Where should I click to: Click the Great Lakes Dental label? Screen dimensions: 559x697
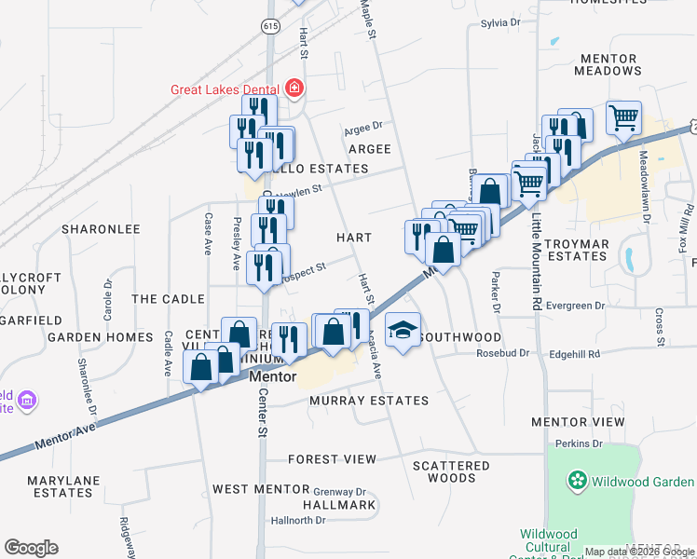coord(226,90)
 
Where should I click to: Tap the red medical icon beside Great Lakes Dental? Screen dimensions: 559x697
coord(295,89)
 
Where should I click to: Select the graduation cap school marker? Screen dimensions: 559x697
coord(403,332)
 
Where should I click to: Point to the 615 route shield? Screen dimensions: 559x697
coord(270,28)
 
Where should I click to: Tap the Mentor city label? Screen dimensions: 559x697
coord(273,377)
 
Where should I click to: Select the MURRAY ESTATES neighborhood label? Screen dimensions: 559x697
coord(369,401)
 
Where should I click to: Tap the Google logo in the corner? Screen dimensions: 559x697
coord(31,548)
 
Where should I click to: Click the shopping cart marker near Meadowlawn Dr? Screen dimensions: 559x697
coord(623,117)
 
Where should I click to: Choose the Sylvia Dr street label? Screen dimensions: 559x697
coord(499,22)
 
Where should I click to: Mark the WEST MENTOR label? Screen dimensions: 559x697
coord(260,489)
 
